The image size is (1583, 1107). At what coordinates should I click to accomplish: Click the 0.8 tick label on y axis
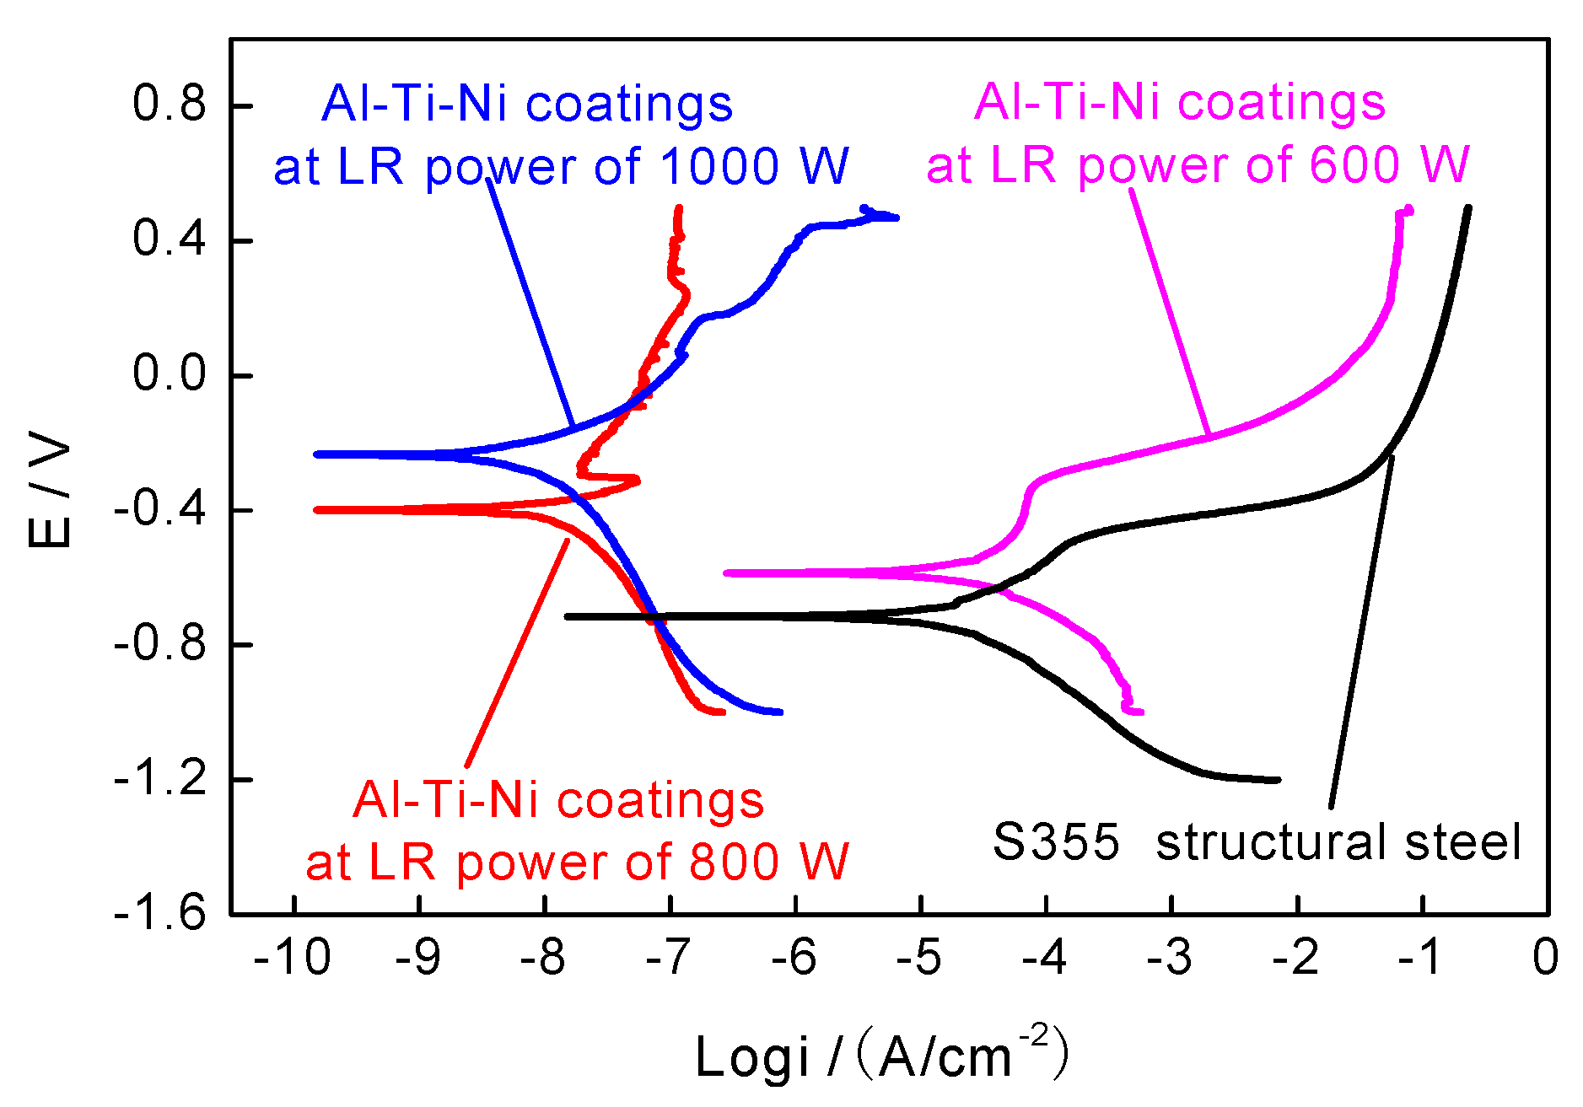click(169, 105)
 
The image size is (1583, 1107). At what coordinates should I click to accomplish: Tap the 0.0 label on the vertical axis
click(169, 373)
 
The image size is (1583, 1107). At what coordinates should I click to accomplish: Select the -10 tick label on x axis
click(293, 958)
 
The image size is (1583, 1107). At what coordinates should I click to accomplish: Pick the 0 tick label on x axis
click(1545, 958)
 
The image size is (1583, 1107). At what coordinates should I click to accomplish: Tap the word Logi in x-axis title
click(751, 1057)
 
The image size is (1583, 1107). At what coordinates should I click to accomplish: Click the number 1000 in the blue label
click(719, 166)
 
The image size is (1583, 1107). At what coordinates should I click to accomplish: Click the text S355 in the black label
click(1056, 841)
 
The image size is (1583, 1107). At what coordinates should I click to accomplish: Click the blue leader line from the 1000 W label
click(531, 304)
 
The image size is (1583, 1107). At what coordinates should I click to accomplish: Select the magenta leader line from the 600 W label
click(1171, 312)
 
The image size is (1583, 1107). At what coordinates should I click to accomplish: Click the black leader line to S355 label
click(1360, 632)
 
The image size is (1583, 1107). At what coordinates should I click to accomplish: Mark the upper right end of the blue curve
click(896, 218)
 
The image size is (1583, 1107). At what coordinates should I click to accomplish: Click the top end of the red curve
click(679, 207)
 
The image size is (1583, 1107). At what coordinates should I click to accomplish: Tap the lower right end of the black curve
click(1278, 780)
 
